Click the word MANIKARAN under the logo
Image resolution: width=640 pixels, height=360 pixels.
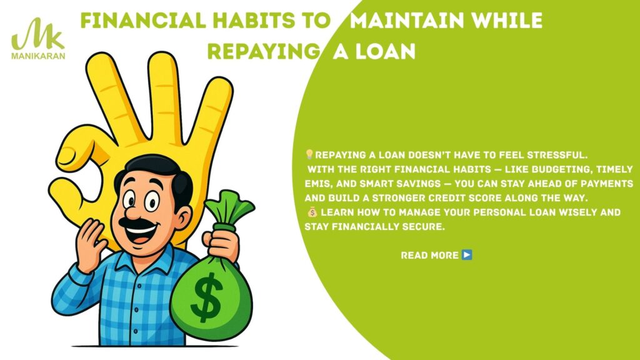[38, 56]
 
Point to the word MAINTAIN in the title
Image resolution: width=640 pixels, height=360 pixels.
[407, 21]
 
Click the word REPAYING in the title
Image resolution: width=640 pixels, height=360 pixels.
[263, 52]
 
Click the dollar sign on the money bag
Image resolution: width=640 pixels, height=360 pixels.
[207, 297]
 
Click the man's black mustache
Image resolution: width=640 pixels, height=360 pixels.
[137, 223]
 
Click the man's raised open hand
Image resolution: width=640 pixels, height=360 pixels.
[90, 245]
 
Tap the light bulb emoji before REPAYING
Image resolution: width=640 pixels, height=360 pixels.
[309, 154]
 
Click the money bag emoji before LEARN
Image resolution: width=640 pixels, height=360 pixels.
[312, 212]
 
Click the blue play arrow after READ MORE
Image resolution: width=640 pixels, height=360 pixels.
[467, 255]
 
